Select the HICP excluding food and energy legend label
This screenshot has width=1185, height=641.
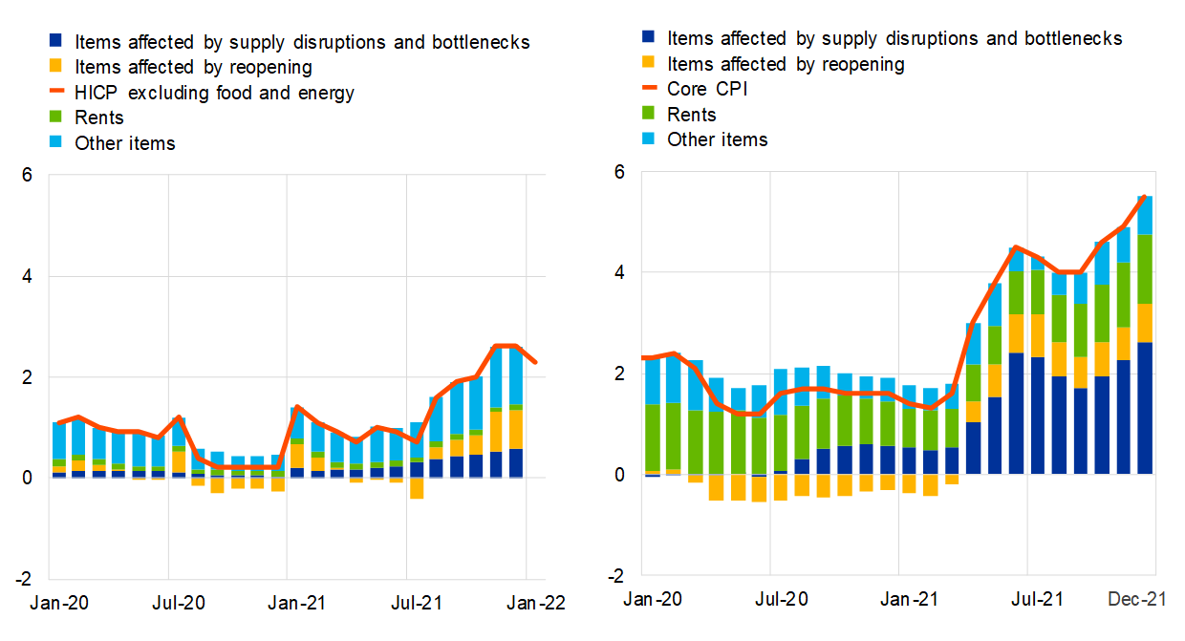click(x=214, y=93)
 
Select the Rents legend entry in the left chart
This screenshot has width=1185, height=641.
click(x=99, y=118)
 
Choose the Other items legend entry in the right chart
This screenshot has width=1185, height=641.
click(x=717, y=139)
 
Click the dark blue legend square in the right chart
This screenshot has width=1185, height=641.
click(x=649, y=39)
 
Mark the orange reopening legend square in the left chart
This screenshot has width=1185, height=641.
click(x=55, y=68)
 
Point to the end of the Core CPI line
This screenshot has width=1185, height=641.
click(x=1145, y=196)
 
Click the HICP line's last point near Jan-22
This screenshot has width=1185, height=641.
click(x=536, y=362)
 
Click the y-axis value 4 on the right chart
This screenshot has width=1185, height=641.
click(x=619, y=272)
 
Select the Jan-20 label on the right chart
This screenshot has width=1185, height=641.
click(x=654, y=599)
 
